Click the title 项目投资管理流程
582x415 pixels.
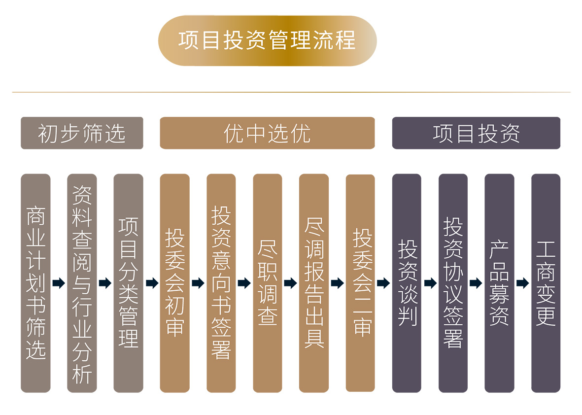click(267, 41)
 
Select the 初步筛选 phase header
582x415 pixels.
click(82, 133)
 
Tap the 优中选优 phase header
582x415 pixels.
click(267, 133)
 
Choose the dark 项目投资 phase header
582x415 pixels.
click(476, 133)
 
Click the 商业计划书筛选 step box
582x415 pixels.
click(35, 283)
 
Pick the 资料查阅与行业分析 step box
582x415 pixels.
click(82, 283)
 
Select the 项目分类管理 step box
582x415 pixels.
click(128, 283)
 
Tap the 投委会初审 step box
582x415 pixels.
click(174, 283)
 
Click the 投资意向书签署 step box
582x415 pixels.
click(221, 283)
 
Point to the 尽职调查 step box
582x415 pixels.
click(268, 283)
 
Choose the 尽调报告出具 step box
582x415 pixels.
click(314, 283)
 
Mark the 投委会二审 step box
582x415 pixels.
click(360, 283)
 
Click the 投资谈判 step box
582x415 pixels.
click(407, 283)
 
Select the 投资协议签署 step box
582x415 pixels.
click(453, 283)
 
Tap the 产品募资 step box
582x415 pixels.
click(499, 283)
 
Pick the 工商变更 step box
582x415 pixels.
click(546, 283)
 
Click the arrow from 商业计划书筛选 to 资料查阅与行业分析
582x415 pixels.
click(59, 283)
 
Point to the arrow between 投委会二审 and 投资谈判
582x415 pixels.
click(383, 283)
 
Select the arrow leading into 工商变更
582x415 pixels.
click(522, 283)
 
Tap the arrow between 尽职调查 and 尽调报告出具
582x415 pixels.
click(291, 283)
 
